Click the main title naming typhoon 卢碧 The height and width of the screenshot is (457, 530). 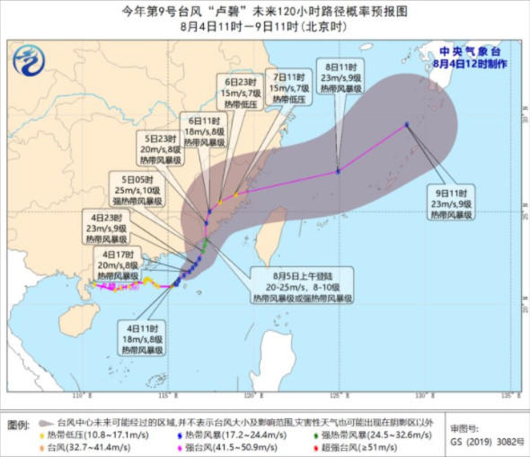pos(264,11)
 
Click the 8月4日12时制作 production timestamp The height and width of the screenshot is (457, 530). pos(469,64)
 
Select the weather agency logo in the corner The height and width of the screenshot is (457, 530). pos(32,62)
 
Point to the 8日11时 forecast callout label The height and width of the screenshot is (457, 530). pos(341,77)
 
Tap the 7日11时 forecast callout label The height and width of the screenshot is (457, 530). pos(290,88)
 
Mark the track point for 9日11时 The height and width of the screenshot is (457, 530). pos(407,124)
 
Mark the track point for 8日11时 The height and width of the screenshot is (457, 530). pos(338,171)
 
